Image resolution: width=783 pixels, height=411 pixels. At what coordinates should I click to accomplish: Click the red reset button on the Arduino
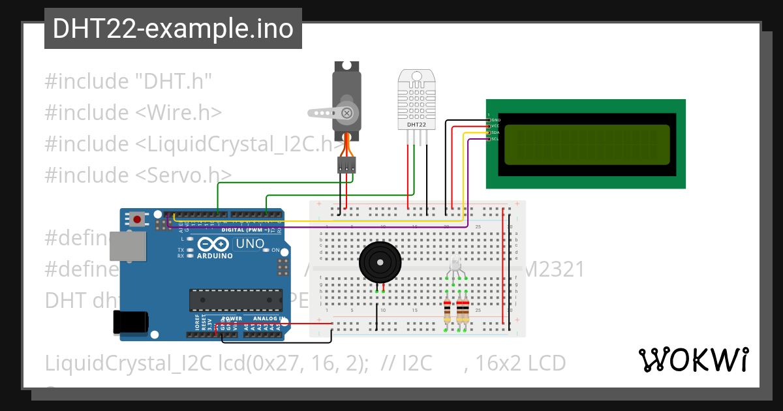point(137,219)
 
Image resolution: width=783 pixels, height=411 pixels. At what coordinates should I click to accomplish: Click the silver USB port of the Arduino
point(128,248)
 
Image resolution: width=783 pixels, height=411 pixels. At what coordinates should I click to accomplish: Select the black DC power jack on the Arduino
point(129,323)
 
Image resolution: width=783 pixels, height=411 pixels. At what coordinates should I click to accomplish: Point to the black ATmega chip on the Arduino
point(236,299)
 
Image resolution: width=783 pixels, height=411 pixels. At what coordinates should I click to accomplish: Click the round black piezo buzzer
point(378,263)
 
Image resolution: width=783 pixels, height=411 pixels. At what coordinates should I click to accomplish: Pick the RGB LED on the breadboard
point(455,264)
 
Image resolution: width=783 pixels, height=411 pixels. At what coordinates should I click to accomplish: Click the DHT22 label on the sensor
point(416,124)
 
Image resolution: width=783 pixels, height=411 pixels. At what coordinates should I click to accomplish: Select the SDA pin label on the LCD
point(495,132)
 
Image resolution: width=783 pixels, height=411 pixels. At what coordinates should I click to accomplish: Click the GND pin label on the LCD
point(495,120)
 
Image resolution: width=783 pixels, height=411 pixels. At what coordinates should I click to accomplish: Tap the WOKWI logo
point(693,359)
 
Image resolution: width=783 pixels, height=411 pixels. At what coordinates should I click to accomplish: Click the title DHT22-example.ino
point(173,29)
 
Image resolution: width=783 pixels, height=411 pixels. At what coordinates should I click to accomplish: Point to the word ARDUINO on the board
point(215,256)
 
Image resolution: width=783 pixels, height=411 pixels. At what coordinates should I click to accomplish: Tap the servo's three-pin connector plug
point(346,165)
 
